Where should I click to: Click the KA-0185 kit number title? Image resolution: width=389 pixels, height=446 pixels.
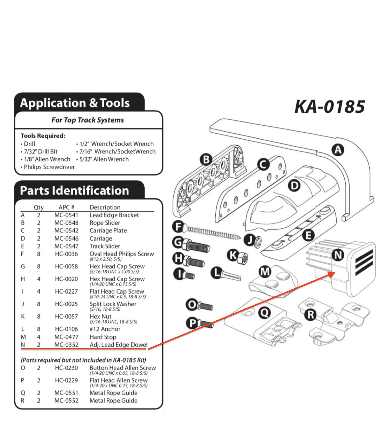click(329, 106)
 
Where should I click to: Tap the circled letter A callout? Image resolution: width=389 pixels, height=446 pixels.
click(338, 150)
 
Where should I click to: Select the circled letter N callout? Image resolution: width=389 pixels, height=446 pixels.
click(338, 255)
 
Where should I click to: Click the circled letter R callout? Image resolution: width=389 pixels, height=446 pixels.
click(311, 315)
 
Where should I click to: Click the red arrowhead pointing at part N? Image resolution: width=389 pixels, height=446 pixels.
click(332, 274)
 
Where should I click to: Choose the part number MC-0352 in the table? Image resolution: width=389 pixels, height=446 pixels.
click(66, 345)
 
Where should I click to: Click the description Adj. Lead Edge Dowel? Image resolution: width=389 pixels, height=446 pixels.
click(118, 345)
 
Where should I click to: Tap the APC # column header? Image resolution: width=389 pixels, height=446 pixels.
click(66, 207)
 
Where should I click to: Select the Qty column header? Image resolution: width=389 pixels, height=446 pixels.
click(38, 207)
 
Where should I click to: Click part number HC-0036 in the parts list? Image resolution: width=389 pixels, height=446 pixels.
click(66, 254)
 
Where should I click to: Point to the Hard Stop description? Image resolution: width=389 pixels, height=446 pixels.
click(103, 337)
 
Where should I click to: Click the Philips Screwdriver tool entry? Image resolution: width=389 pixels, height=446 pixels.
click(49, 167)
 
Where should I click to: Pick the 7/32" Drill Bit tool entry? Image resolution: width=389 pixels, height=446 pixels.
click(41, 152)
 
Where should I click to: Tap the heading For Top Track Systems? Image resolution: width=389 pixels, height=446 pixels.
click(88, 120)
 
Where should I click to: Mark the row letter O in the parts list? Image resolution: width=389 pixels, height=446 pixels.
click(23, 368)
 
